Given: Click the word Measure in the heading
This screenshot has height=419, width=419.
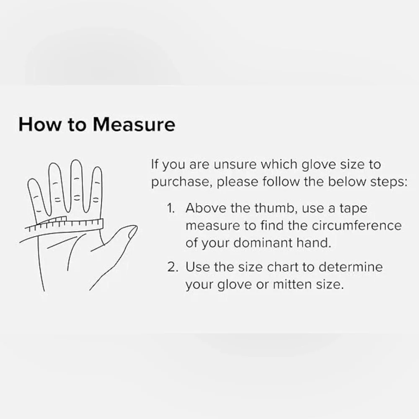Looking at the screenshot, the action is (134, 124).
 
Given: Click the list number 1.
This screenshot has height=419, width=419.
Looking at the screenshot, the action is (171, 208).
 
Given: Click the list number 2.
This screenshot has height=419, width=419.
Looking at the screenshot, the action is (173, 267).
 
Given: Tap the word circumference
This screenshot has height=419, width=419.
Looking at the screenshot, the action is (357, 225).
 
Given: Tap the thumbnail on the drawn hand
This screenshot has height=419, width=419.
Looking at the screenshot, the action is (132, 232).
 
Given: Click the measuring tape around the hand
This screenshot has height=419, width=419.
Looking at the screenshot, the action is (64, 224).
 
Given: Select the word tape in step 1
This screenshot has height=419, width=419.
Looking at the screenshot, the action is (354, 208).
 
